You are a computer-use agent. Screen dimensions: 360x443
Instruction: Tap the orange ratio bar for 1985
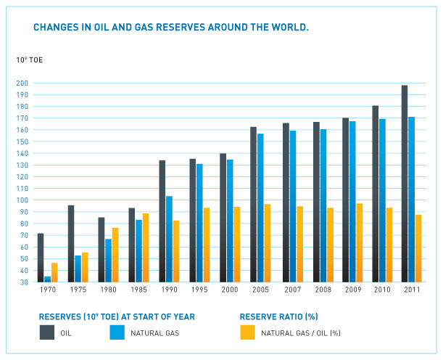146,247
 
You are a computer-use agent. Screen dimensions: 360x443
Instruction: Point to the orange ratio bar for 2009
360,242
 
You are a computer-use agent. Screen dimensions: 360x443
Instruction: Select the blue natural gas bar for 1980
108,260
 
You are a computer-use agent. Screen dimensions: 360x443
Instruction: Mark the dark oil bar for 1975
71,243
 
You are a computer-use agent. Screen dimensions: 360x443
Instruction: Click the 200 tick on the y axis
22,83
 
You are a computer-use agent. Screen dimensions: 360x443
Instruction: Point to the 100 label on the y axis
22,200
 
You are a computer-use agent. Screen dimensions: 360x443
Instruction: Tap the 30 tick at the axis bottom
23,282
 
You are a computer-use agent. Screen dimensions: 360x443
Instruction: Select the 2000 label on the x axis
230,291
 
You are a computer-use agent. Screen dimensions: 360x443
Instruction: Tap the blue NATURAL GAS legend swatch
117,332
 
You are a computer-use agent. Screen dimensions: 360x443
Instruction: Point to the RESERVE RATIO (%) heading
280,316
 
